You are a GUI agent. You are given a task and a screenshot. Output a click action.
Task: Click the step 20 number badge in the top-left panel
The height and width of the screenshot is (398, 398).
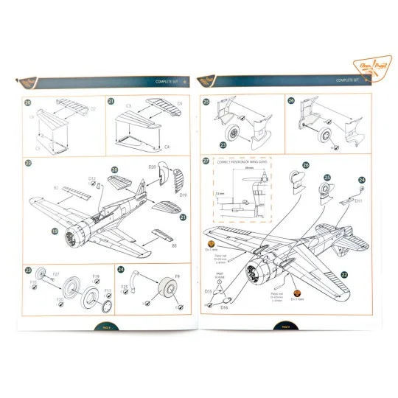[x=28, y=102]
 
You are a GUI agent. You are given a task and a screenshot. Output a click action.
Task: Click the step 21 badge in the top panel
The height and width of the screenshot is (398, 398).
[x=111, y=102]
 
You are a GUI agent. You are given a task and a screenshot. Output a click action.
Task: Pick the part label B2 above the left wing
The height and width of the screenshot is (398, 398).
[x=56, y=188]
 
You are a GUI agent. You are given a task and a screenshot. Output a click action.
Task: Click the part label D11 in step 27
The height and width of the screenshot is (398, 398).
[x=358, y=201]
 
